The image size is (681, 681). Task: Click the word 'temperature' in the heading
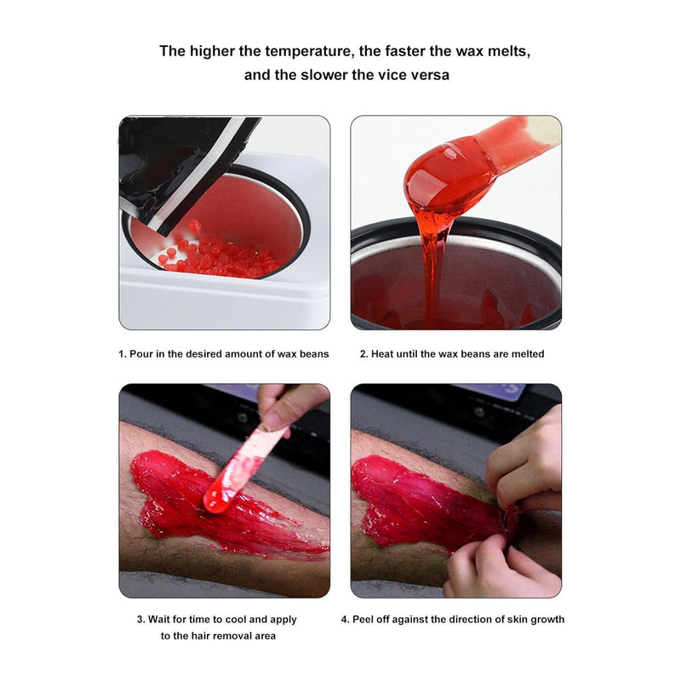coord(307,51)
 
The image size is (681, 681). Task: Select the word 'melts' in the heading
coord(509,51)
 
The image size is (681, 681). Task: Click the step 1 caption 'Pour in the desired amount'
coord(188,354)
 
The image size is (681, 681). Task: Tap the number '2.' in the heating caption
coord(363,354)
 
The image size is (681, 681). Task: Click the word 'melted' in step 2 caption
coord(527,354)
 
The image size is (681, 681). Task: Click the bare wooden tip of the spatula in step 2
coord(543,129)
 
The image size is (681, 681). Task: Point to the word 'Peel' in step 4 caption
coord(363,620)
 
